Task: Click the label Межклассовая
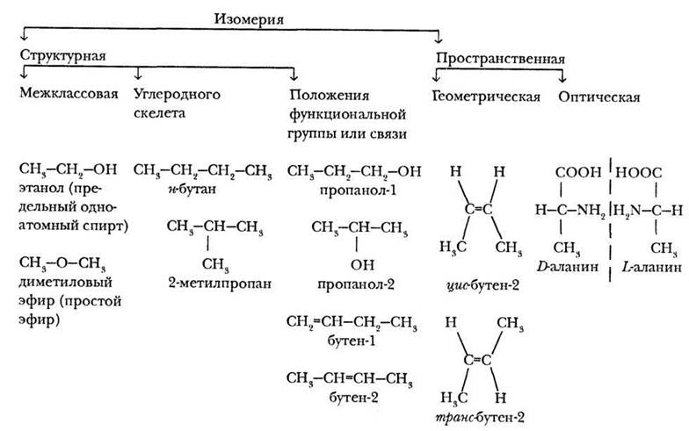pyautogui.click(x=68, y=95)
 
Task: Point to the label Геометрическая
pyautogui.click(x=486, y=96)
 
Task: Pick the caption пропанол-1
pyautogui.click(x=353, y=188)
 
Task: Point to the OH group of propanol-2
pyautogui.click(x=356, y=262)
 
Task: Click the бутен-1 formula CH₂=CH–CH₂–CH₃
pyautogui.click(x=352, y=322)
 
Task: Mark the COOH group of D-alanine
pyautogui.click(x=572, y=174)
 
